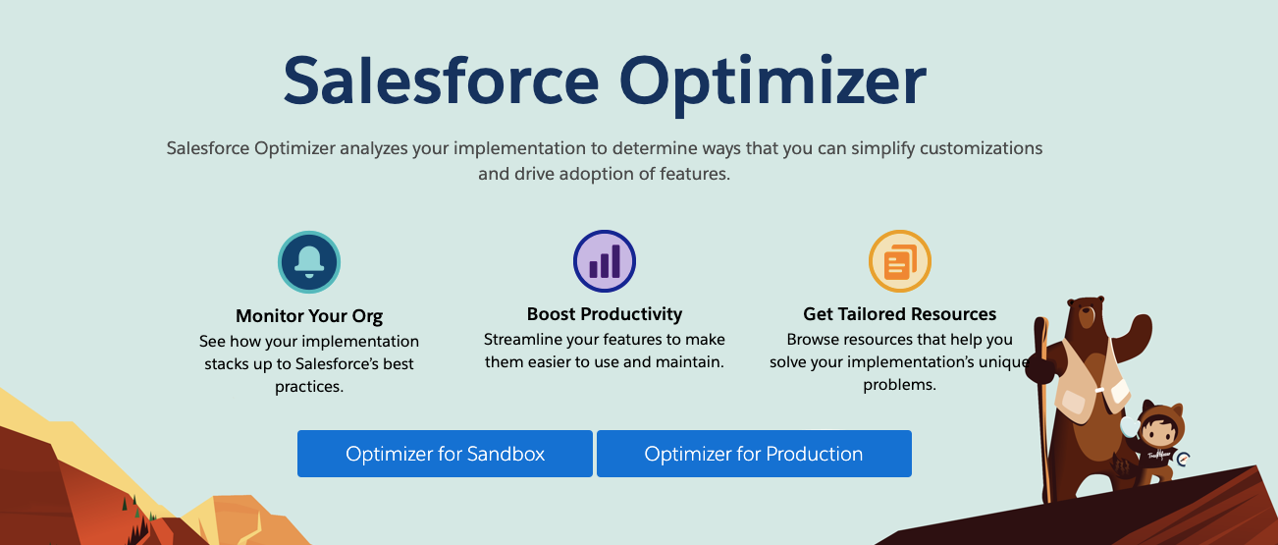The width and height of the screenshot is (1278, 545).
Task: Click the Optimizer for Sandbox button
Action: [x=445, y=454]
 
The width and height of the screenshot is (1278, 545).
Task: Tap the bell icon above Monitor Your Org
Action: [x=309, y=262]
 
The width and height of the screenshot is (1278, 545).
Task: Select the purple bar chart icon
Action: [x=605, y=261]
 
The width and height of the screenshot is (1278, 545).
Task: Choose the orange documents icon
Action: [x=900, y=261]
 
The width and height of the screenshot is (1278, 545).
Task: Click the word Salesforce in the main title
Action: [x=441, y=81]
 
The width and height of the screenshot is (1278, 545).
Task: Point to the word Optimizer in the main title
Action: [x=772, y=84]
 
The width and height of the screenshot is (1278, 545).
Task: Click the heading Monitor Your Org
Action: [x=309, y=315]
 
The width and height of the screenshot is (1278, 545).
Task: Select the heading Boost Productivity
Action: [x=605, y=314]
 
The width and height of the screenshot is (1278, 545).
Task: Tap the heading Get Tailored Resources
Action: [x=900, y=314]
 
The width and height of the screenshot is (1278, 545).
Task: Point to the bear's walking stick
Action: [x=1043, y=409]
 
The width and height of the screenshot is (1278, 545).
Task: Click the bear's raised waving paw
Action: [x=1139, y=330]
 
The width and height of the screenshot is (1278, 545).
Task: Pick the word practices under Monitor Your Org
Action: [x=308, y=387]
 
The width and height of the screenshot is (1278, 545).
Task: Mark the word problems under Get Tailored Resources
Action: [x=899, y=385]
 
